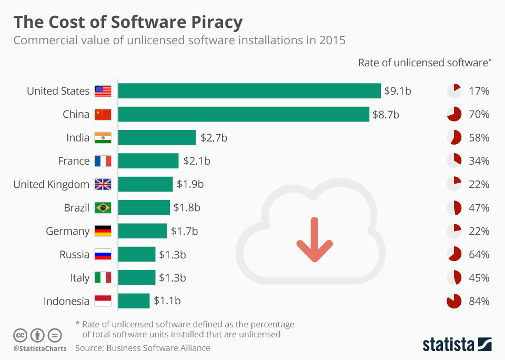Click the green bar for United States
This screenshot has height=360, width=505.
249,91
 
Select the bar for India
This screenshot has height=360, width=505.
157,138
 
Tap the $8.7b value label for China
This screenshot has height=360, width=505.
387,114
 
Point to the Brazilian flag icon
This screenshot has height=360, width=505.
103,208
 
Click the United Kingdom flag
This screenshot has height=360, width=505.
103,184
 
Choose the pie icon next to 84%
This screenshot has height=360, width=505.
453,302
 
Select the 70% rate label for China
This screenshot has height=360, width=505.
479,114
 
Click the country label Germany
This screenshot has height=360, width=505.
67,231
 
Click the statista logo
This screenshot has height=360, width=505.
457,344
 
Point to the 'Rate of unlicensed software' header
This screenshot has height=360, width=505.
424,63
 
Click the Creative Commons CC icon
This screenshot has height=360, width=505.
21,335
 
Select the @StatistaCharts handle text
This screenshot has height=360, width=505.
40,348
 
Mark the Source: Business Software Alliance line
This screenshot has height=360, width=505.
143,348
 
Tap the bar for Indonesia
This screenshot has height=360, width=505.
134,301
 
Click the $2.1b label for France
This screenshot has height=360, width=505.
197,161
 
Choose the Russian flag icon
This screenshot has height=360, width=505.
103,255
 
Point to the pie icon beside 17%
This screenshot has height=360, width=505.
453,91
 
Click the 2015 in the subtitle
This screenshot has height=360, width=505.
332,40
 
